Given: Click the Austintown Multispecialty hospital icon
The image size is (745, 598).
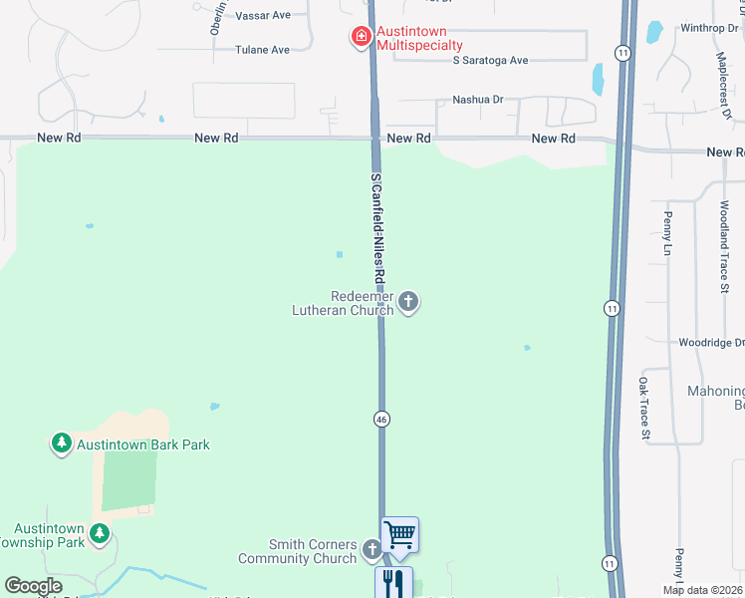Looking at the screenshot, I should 361,38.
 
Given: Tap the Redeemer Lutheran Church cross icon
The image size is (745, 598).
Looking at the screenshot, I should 407,302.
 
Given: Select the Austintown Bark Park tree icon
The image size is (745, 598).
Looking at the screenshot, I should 62,444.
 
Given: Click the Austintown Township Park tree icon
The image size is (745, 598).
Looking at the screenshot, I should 99,534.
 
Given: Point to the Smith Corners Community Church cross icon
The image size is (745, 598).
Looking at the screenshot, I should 372,549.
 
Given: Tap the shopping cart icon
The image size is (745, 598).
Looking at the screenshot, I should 399,534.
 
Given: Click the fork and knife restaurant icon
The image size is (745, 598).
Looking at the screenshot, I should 393,582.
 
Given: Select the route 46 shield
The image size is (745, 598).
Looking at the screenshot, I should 381,420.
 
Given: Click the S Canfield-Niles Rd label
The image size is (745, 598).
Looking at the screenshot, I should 376,226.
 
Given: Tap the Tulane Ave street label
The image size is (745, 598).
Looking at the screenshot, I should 262,50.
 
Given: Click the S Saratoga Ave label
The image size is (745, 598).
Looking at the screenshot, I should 490,61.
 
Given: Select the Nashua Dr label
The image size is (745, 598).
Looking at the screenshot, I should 478,100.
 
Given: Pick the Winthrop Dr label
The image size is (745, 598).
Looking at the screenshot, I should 709,28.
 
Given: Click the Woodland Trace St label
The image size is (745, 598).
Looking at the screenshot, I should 724,246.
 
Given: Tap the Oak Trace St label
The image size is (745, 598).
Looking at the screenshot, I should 644,409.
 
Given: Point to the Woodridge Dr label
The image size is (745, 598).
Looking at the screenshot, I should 709,343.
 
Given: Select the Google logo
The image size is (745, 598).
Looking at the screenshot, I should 33,586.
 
